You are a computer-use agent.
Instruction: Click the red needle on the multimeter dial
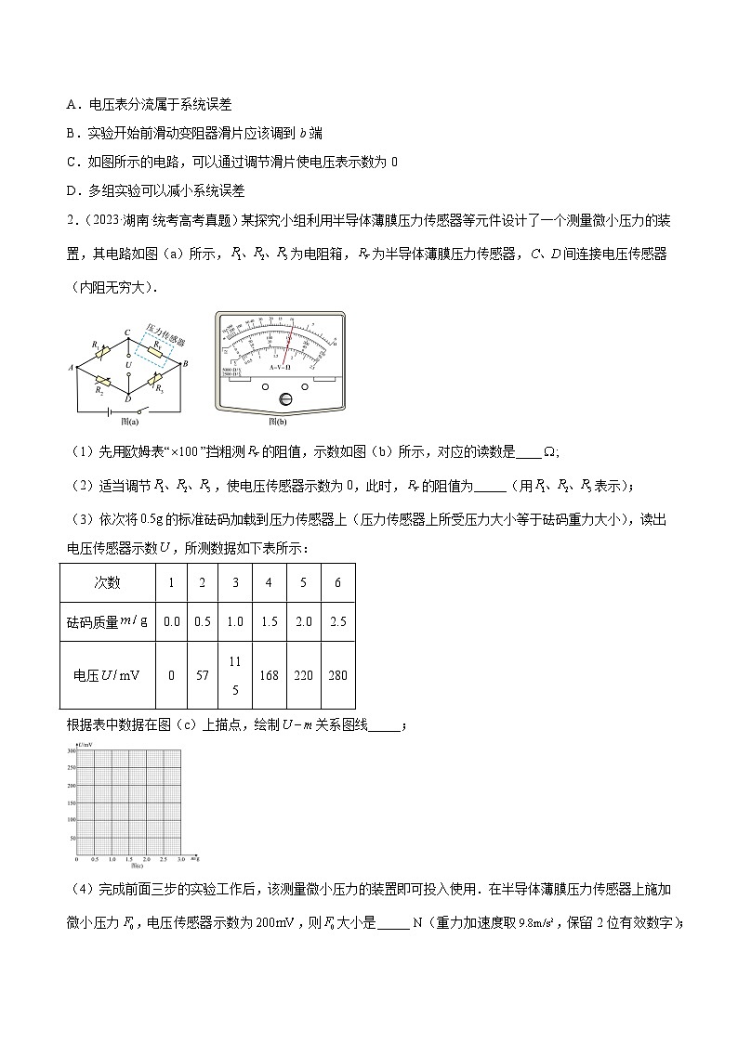point(288,345)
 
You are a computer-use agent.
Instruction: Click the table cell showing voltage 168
point(269,674)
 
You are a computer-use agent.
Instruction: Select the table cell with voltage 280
point(337,674)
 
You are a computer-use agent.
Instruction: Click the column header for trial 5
point(303,582)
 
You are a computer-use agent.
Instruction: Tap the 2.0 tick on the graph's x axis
point(147,860)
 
